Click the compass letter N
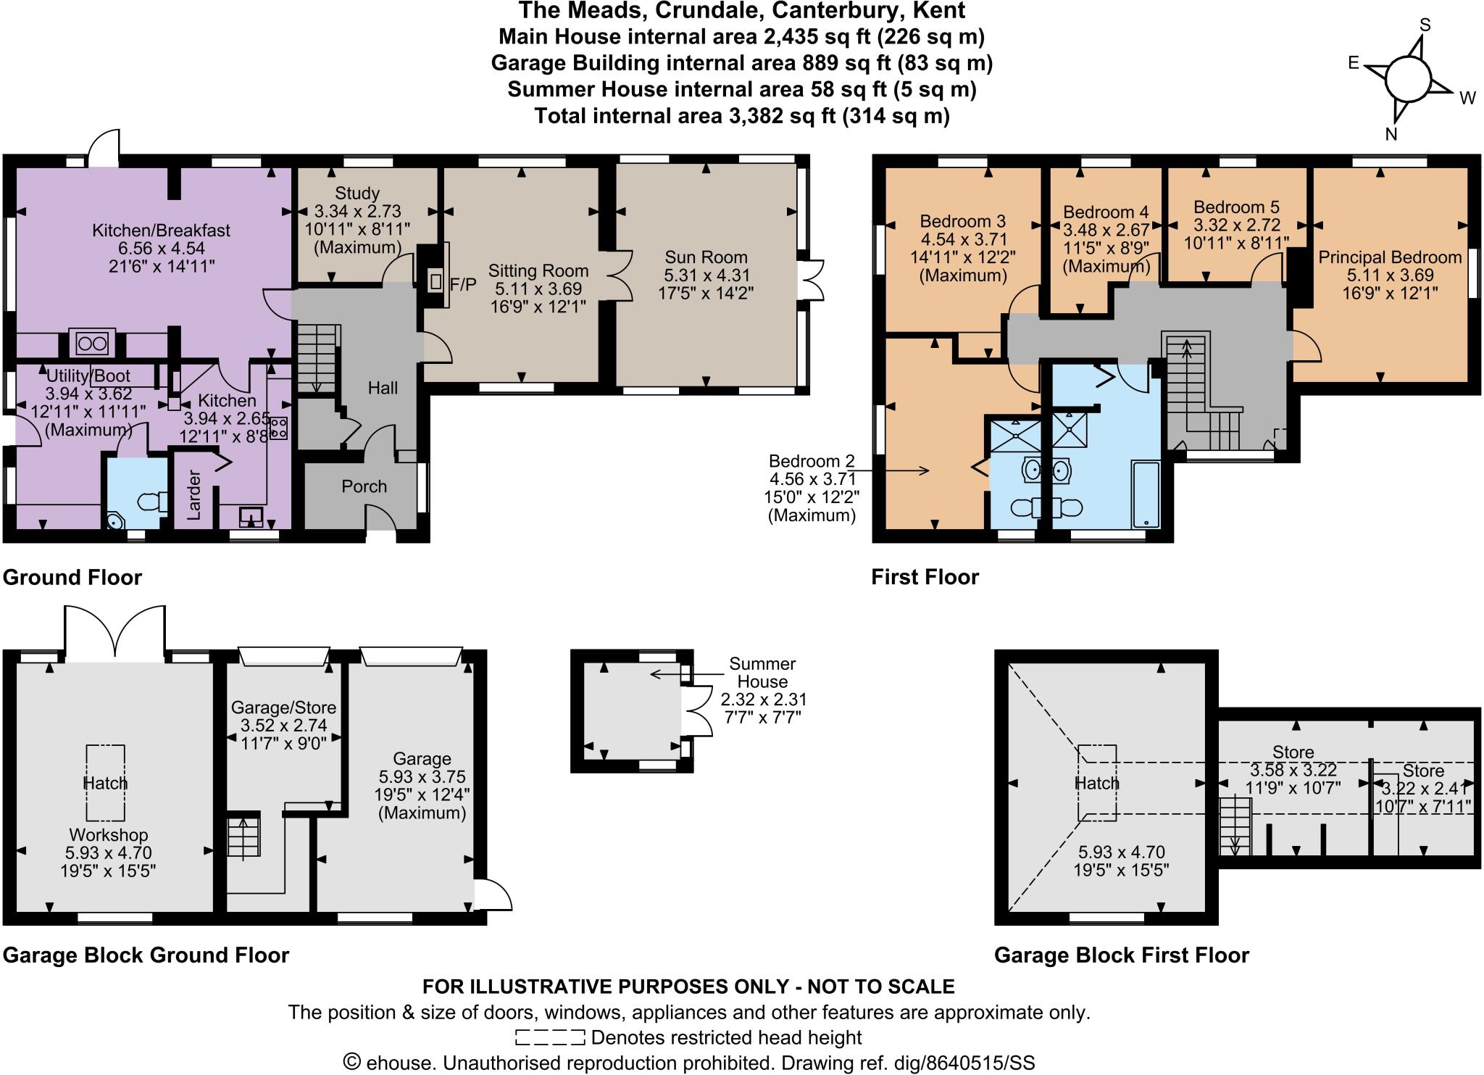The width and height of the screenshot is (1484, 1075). tap(1391, 134)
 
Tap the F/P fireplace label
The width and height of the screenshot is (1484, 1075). tap(463, 284)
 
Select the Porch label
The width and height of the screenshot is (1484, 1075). tap(364, 486)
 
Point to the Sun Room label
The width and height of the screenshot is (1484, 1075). tap(706, 257)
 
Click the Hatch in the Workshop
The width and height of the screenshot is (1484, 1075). tap(105, 783)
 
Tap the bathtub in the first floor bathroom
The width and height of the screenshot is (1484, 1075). tap(1145, 493)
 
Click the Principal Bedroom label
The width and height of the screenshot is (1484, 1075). tap(1390, 257)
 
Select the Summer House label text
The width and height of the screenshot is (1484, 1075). tap(762, 673)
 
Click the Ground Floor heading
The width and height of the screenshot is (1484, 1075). tap(72, 578)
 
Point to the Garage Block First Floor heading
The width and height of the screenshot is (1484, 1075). tap(1121, 955)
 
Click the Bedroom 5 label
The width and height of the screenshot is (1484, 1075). tap(1236, 207)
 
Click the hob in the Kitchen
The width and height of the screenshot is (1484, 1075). tap(279, 428)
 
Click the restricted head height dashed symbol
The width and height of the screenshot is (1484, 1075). tap(550, 1037)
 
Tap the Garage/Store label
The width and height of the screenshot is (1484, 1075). tap(283, 707)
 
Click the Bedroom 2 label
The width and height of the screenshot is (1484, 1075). tap(812, 461)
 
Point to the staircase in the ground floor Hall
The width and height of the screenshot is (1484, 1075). tap(317, 358)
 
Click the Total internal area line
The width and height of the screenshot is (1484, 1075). tap(741, 116)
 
